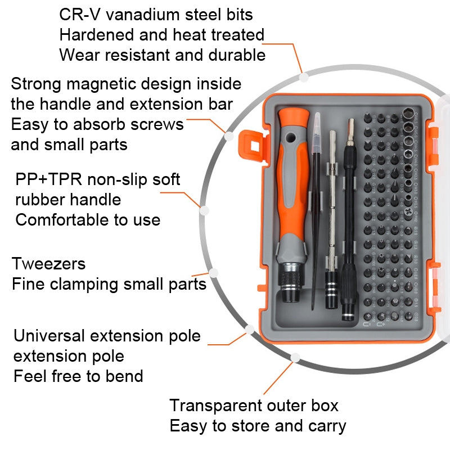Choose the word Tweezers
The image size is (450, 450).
(x=49, y=264)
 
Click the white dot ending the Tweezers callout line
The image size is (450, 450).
(x=214, y=272)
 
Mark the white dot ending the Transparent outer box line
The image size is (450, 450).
(x=295, y=357)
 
